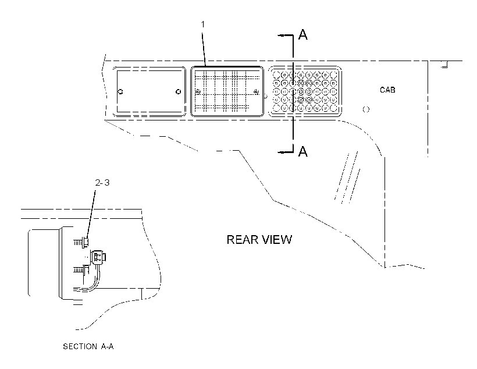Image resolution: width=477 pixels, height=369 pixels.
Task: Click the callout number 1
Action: [x=203, y=24]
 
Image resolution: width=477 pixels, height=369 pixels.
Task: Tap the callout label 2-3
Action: [x=102, y=183]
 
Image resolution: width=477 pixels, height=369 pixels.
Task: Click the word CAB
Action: [x=387, y=90]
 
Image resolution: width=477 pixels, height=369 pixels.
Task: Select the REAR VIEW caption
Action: [x=259, y=240]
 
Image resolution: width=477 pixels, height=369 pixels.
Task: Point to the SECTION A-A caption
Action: [x=88, y=346]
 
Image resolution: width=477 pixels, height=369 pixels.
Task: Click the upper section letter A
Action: [x=303, y=34]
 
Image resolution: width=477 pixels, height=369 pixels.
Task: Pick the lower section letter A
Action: [x=303, y=151]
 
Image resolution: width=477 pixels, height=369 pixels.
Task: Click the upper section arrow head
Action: [x=281, y=36]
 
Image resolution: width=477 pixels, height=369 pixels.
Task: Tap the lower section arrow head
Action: [x=281, y=152]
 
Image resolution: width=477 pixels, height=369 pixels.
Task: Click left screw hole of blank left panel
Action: [x=120, y=91]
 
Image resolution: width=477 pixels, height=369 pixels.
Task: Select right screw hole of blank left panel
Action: [x=179, y=91]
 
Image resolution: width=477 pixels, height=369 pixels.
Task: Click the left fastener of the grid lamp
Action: [x=198, y=91]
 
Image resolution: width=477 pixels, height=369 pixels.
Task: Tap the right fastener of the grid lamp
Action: [x=256, y=91]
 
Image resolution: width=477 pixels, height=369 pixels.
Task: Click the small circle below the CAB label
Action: [x=366, y=109]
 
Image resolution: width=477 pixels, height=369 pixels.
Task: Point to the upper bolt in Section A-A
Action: [x=81, y=242]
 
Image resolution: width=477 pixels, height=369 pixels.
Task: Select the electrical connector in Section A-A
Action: [x=98, y=257]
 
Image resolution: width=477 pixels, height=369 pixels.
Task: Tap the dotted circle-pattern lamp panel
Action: [x=305, y=91]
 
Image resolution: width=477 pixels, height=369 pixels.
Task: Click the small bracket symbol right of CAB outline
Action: [x=445, y=65]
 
